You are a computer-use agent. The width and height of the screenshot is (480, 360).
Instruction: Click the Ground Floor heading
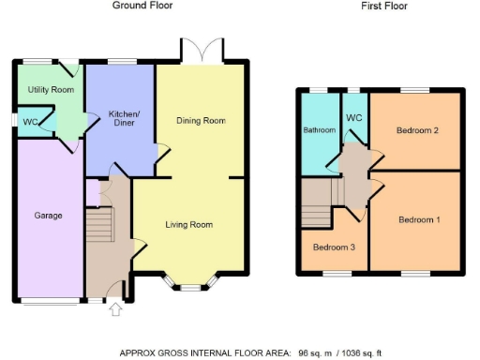[142, 6]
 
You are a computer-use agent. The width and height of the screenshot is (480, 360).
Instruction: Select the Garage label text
[48, 216]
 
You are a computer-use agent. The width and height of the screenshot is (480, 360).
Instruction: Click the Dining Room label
[202, 121]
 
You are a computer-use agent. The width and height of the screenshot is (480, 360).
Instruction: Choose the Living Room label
[189, 225]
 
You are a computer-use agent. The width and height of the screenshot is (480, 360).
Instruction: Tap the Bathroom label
[318, 131]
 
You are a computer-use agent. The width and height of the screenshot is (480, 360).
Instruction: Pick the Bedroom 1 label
[417, 220]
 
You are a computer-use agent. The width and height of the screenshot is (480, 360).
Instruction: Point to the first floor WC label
[354, 118]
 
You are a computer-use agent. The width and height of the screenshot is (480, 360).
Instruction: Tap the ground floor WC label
[30, 122]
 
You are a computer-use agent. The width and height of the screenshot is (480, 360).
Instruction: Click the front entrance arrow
[116, 310]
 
